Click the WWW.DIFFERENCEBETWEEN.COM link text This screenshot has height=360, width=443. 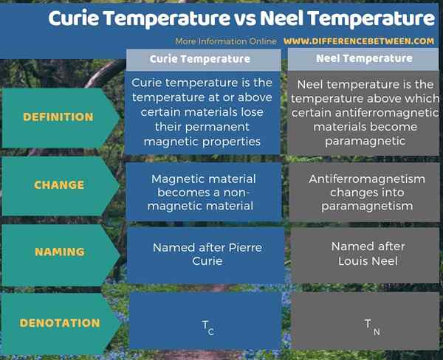(358, 41)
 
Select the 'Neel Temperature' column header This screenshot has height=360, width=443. (363, 58)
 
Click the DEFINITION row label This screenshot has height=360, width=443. (58, 117)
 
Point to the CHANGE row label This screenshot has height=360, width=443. (58, 185)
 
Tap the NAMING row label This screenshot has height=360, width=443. (58, 252)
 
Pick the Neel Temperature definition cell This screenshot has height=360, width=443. (363, 113)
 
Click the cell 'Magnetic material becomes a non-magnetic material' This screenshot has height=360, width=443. (203, 192)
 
